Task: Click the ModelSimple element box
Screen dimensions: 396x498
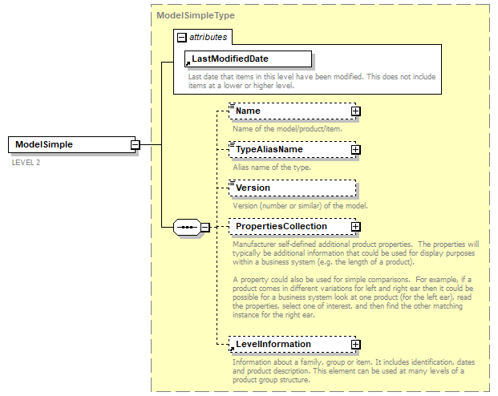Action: [x=69, y=144]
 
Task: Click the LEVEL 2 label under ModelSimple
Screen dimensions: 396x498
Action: [x=26, y=162]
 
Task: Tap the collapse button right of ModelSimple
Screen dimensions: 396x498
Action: [x=136, y=144]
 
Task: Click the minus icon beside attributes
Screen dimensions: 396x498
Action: [x=181, y=37]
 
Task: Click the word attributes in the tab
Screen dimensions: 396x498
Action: [x=208, y=37]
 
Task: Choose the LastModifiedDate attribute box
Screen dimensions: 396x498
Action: [x=248, y=59]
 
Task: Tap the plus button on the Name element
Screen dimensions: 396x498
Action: [x=355, y=111]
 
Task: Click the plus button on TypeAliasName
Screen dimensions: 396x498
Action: [x=355, y=150]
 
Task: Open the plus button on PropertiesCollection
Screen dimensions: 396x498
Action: [x=355, y=227]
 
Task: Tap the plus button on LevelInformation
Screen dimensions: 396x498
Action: [x=355, y=345]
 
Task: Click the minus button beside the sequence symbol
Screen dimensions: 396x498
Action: [x=205, y=227]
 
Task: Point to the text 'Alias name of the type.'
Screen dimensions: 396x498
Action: [x=272, y=168]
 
